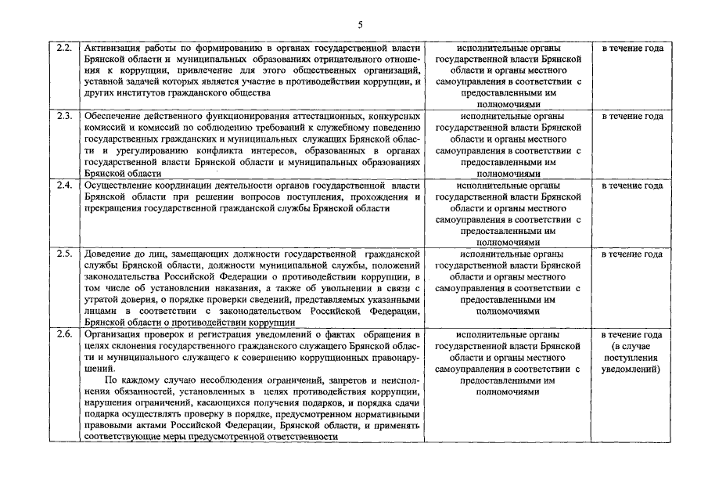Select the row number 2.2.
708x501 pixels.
tap(65, 49)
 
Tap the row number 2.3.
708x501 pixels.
tap(65, 117)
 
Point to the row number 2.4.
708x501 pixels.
tap(65, 186)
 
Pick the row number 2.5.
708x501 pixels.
tap(65, 254)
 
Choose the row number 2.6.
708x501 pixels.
tap(65, 334)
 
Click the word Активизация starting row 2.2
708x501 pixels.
tap(111, 49)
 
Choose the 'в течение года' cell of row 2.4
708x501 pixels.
tap(632, 186)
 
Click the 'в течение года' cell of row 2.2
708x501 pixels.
tap(632, 49)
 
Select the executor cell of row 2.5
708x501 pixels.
tap(508, 283)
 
